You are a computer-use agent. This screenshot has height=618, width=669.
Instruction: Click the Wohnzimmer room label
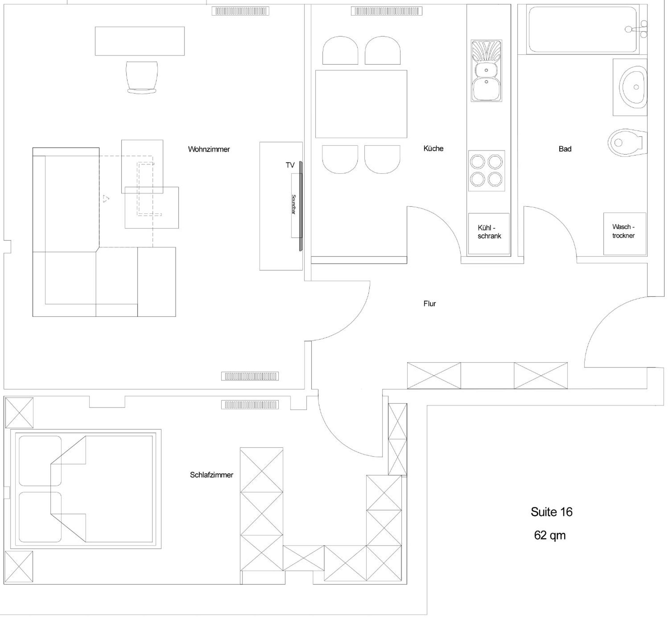pos(209,149)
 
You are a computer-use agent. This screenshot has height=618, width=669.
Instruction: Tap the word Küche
pos(433,148)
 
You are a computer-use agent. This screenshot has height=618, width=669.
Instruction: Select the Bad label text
pos(565,149)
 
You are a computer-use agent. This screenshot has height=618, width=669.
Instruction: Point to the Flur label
pos(430,303)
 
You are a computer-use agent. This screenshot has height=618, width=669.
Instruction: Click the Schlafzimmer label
pos(211,475)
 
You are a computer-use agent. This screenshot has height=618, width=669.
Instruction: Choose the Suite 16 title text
pos(552,512)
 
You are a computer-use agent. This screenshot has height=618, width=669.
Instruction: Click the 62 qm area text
pos(550,535)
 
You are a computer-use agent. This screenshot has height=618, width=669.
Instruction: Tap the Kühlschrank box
pos(489,234)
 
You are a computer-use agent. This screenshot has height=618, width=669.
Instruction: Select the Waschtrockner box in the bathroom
pos(625,234)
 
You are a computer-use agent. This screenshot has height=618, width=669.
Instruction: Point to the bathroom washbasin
pos(632,87)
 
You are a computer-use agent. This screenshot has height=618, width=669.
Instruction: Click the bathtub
pos(583,30)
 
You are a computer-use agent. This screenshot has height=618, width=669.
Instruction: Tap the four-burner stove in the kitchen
pos(486,171)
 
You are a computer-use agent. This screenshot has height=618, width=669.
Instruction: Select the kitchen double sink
pos(486,71)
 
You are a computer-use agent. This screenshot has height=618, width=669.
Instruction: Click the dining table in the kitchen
pos(361,104)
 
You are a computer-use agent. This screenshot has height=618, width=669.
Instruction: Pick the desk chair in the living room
pos(142,77)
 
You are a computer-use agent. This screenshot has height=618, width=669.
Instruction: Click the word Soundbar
pos(294,204)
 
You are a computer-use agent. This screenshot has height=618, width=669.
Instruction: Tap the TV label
pos(290,165)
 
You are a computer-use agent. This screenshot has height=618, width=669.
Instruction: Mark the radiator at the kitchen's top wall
pos(387,11)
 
